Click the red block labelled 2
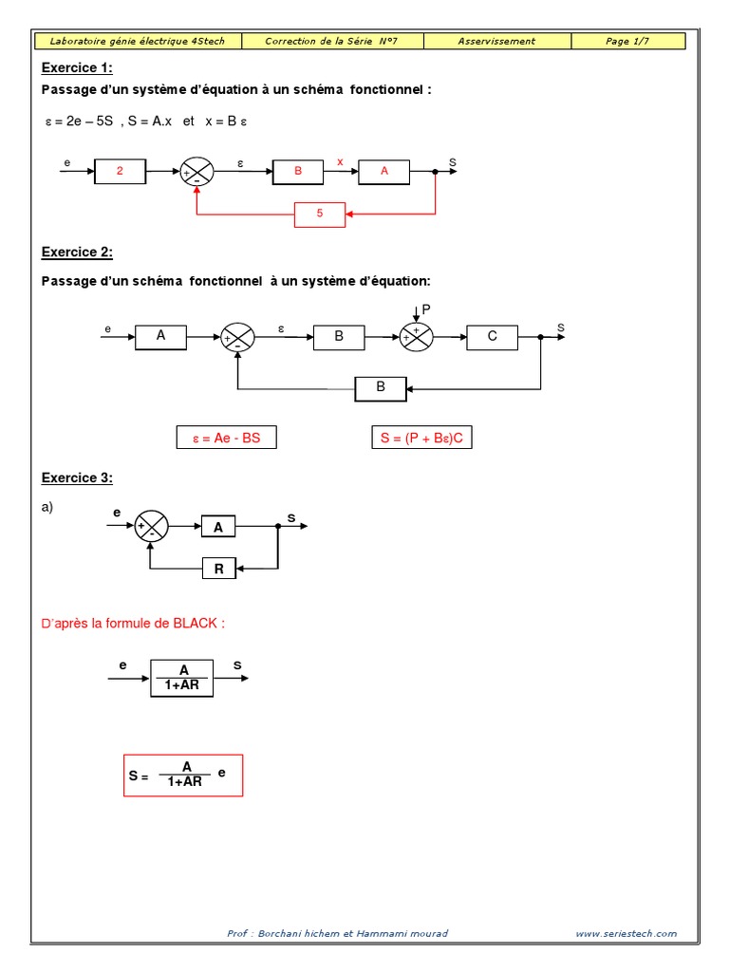[120, 171]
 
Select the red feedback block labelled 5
[320, 215]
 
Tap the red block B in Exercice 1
[298, 171]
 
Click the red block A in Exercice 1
[384, 171]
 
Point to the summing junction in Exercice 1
[196, 172]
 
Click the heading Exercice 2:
[77, 252]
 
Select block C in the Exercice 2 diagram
[492, 336]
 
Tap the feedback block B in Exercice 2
[381, 387]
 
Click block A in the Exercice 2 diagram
[160, 335]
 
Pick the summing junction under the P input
[415, 336]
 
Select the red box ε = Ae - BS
[226, 438]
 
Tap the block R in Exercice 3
[218, 569]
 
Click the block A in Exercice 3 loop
[218, 528]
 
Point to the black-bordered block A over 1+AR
[182, 678]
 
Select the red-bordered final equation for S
[183, 775]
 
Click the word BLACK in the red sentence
[197, 623]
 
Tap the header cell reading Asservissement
[496, 41]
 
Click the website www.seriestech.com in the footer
[626, 933]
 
